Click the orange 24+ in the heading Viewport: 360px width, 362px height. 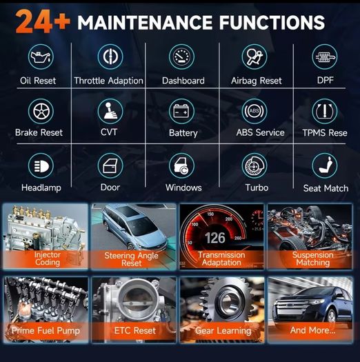pos(43,22)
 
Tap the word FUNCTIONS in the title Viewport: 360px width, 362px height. pos(272,22)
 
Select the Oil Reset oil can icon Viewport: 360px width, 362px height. pos(41,57)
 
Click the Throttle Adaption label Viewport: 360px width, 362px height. pos(108,81)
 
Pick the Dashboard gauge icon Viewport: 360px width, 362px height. pos(182,57)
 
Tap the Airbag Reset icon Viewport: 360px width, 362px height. pos(254,57)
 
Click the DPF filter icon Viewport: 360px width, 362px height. pos(324,57)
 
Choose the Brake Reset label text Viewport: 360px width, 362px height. pos(39,132)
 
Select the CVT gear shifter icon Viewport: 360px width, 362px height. pos(110,111)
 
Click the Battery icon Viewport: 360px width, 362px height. pos(182,111)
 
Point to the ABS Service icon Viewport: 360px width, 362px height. pos(254,111)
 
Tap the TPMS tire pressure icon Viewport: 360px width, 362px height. pos(324,111)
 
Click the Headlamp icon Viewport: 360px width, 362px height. pos(41,165)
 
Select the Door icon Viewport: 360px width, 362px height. pos(110,165)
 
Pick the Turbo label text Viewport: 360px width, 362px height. pos(257,188)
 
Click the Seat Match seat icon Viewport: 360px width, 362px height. pos(324,165)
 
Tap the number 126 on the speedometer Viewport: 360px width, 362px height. pos(215,238)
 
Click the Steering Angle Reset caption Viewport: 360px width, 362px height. pos(132,259)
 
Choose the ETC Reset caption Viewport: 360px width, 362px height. pos(135,330)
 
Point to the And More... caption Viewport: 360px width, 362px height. pos(312,330)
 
